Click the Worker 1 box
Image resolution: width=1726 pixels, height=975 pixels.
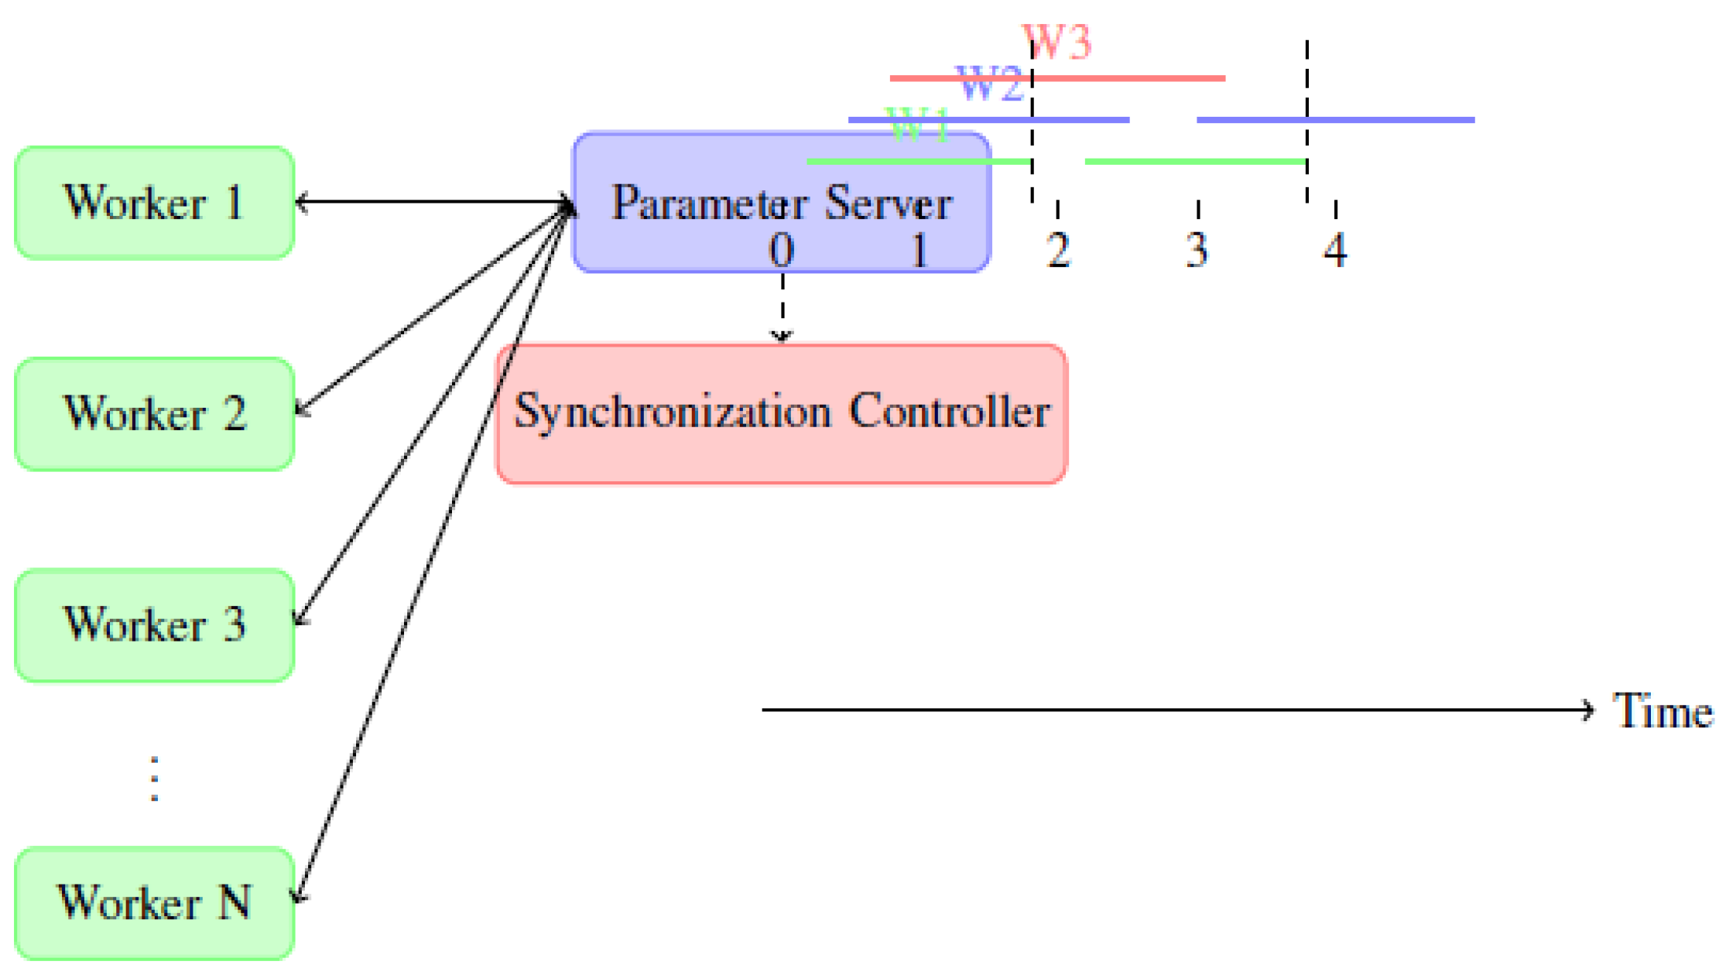coord(154,203)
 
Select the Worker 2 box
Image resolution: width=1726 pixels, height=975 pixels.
coord(154,414)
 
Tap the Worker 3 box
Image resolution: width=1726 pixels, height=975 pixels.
coord(154,625)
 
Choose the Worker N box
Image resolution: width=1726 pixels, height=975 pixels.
coord(154,903)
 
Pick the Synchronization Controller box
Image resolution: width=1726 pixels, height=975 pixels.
coord(782,414)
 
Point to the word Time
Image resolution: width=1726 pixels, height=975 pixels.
coord(1663,710)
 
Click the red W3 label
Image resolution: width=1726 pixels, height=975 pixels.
coord(1057,42)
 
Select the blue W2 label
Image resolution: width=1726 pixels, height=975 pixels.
coord(990,84)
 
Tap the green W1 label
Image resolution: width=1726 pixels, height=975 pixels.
coord(918,125)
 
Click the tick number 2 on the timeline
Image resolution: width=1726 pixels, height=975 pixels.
coord(1058,250)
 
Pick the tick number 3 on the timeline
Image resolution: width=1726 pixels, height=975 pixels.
coord(1197,250)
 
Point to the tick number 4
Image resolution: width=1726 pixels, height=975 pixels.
coord(1335,250)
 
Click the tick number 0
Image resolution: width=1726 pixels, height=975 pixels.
coord(782,250)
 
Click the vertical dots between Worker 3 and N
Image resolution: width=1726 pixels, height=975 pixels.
coord(155,778)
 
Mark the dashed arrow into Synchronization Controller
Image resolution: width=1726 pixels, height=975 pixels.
coord(783,310)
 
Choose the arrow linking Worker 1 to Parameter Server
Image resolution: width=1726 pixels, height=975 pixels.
coord(433,203)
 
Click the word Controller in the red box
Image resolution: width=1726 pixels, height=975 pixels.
coord(950,411)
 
